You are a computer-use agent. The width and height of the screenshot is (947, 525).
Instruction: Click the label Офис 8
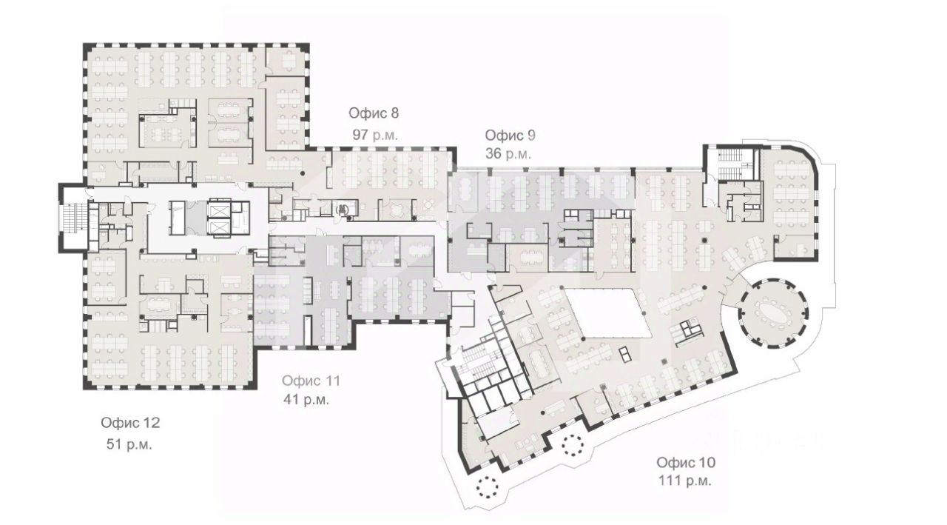(x=374, y=113)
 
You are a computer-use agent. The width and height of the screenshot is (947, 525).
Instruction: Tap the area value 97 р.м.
(x=375, y=135)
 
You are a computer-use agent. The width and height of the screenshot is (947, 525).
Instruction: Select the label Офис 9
(x=510, y=136)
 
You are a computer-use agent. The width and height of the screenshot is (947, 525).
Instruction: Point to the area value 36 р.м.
(x=508, y=153)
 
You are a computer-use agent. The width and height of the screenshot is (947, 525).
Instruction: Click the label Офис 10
(x=686, y=462)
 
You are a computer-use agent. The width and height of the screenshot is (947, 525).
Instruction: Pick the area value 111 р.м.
(x=685, y=481)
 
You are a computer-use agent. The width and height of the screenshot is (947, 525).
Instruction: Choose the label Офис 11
(x=311, y=381)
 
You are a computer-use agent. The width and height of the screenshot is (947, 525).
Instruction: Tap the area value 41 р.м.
(x=306, y=399)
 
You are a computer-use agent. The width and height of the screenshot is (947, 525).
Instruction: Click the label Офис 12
(x=130, y=423)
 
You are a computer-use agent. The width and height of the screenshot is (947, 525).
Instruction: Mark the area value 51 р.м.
(x=129, y=444)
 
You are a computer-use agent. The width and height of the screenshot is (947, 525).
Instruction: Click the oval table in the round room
(x=774, y=313)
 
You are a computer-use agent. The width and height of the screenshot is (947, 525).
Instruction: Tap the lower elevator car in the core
(x=218, y=227)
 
